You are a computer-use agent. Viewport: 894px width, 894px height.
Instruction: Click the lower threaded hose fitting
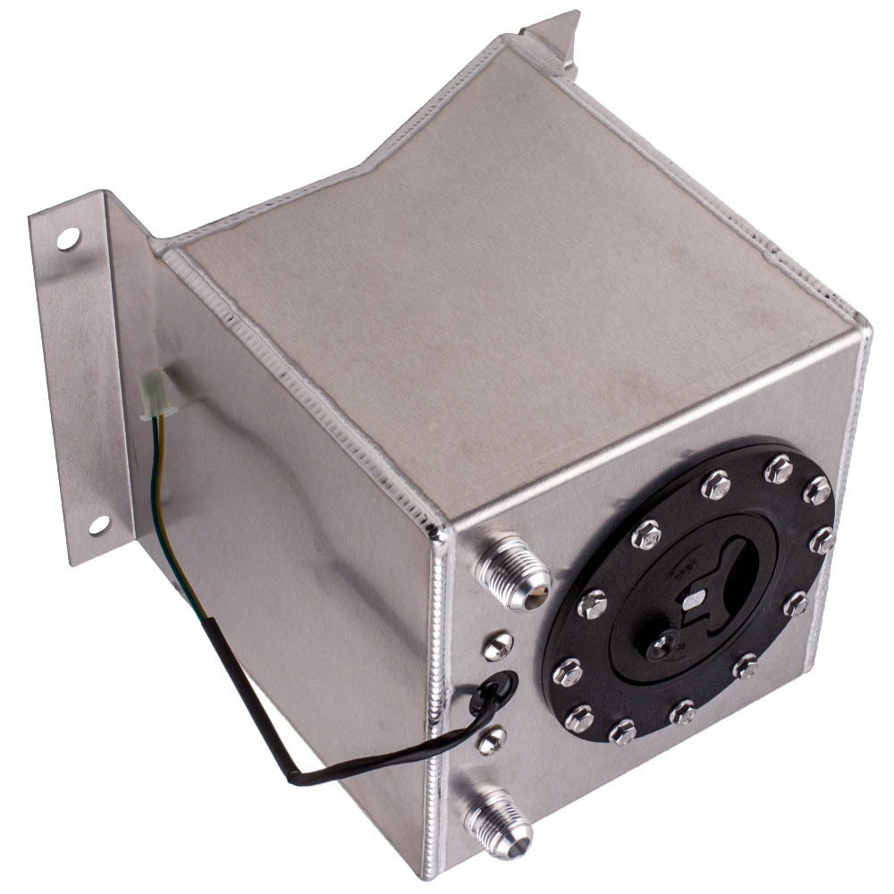(497, 820)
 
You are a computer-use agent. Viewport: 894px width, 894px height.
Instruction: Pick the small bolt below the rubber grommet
(491, 738)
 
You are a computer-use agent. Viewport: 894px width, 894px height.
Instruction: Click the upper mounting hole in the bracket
(68, 239)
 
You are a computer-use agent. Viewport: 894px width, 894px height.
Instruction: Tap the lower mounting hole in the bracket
(98, 525)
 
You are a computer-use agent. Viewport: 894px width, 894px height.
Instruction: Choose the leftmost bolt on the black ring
(567, 670)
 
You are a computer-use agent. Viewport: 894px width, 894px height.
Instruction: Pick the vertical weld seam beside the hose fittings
(440, 697)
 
